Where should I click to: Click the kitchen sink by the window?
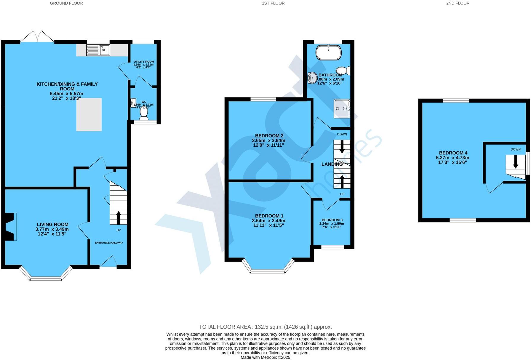click(98, 50)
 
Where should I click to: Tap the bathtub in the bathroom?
click(329, 52)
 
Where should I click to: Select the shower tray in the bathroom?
click(342, 108)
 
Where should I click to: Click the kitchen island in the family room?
click(89, 115)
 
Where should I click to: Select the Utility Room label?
click(144, 62)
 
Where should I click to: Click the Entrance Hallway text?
click(109, 243)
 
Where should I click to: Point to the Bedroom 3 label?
click(332, 220)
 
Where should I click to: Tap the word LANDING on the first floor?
click(332, 164)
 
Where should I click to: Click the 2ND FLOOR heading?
click(458, 3)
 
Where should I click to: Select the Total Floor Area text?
click(265, 327)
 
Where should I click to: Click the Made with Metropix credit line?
click(265, 357)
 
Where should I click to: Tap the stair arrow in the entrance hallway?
click(119, 218)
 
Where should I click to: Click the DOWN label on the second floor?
click(515, 149)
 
